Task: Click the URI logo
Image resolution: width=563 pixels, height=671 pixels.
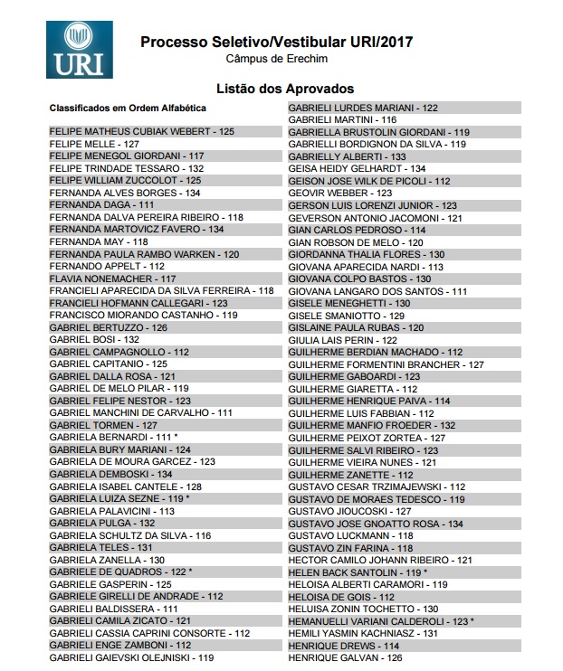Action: click(83, 50)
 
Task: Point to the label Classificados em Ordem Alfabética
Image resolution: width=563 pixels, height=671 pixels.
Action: click(128, 109)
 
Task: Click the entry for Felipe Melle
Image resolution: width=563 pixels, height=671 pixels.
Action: click(94, 144)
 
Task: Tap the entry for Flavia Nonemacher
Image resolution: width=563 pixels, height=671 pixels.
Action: click(112, 279)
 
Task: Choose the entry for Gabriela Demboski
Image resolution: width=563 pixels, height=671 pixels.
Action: click(110, 474)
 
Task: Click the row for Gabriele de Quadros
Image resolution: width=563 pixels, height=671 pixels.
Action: click(121, 572)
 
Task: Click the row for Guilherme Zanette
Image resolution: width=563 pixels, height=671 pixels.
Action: click(350, 475)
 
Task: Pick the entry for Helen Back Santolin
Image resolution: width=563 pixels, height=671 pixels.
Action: click(358, 572)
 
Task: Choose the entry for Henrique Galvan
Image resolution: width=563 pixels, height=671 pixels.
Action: click(345, 658)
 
